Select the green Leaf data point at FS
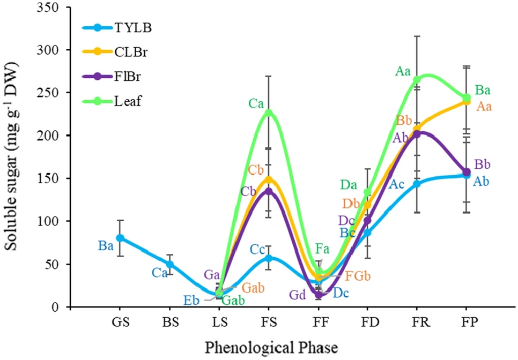click(269, 113)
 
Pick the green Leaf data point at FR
click(417, 80)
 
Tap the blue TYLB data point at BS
click(169, 264)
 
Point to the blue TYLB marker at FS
click(269, 258)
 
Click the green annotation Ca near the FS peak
click(255, 103)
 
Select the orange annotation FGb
click(358, 276)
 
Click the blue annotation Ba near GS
click(106, 246)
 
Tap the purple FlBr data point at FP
click(466, 172)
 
